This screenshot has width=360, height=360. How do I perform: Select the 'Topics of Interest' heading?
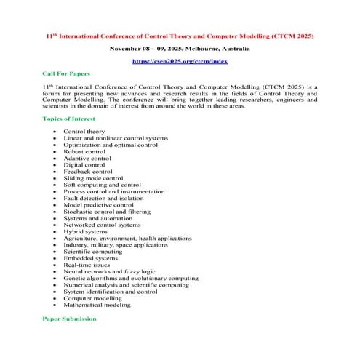click(69, 119)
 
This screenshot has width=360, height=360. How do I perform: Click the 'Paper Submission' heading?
click(69, 319)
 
